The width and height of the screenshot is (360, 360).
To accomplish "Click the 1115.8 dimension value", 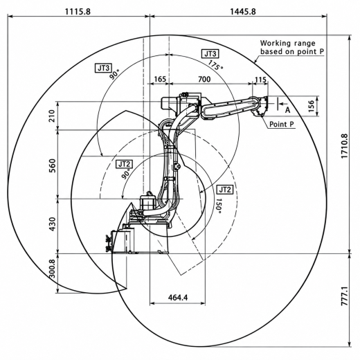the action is [x=78, y=11].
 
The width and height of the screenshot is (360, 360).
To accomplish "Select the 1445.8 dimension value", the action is [x=243, y=11].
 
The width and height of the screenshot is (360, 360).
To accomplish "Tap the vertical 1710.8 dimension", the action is [x=344, y=146].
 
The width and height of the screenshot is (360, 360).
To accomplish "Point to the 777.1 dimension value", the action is [x=344, y=296].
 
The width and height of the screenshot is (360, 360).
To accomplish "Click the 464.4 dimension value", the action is [x=178, y=298].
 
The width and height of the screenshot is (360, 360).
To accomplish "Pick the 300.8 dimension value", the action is [x=52, y=269].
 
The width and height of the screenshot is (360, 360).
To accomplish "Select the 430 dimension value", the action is [x=52, y=224].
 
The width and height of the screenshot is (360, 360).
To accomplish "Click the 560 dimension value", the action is [x=52, y=165].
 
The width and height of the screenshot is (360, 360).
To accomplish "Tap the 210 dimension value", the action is [x=52, y=116].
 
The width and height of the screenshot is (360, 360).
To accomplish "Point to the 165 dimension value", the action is [x=160, y=79].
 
